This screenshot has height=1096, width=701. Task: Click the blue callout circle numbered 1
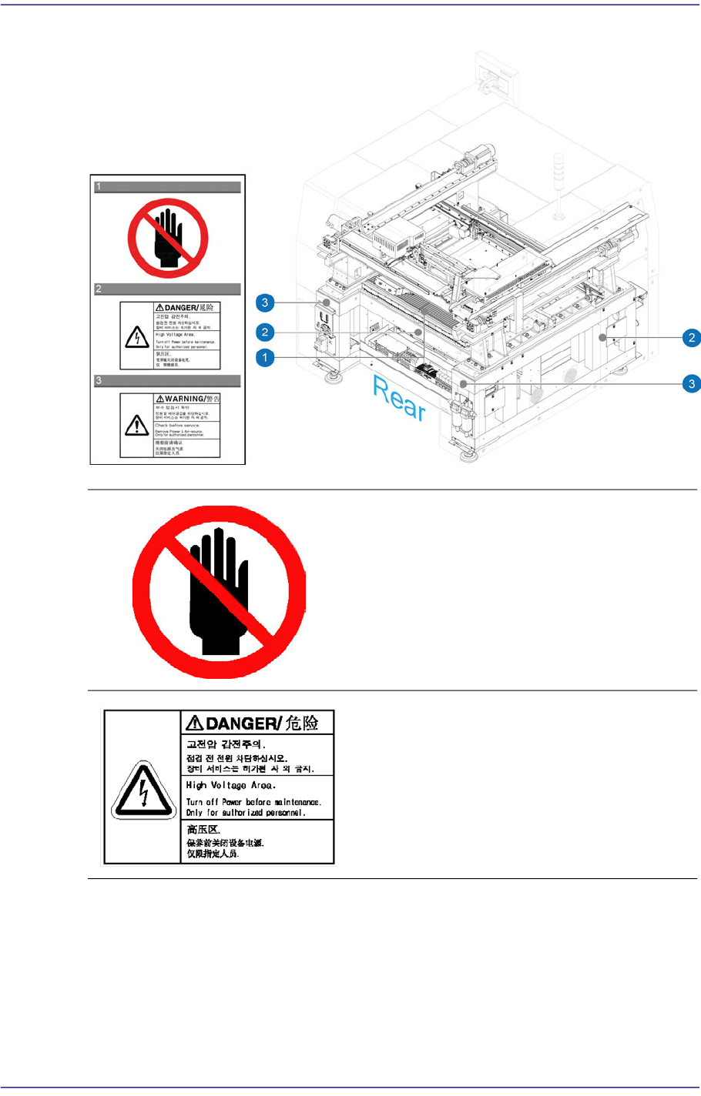pyautogui.click(x=265, y=358)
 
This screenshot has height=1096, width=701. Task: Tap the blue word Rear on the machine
pyautogui.click(x=399, y=398)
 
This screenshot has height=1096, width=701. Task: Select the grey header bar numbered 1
pyautogui.click(x=167, y=186)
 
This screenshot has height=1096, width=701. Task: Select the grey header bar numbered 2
pyautogui.click(x=167, y=289)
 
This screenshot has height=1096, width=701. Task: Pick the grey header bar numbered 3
pyautogui.click(x=167, y=380)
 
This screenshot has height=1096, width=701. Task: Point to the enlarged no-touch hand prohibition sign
pyautogui.click(x=220, y=592)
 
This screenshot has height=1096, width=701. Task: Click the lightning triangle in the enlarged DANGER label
pyautogui.click(x=143, y=789)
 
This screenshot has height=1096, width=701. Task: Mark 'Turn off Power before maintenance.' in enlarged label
pyautogui.click(x=253, y=802)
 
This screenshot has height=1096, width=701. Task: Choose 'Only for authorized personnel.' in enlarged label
pyautogui.click(x=245, y=812)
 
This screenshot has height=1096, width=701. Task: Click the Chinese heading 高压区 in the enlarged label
pyautogui.click(x=203, y=830)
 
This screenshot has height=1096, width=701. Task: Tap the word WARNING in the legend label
pyautogui.click(x=185, y=399)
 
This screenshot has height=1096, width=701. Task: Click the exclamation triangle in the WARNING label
pyautogui.click(x=137, y=425)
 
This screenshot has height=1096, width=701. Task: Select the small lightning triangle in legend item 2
pyautogui.click(x=137, y=336)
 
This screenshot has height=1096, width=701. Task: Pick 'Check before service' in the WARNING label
pyautogui.click(x=176, y=425)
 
